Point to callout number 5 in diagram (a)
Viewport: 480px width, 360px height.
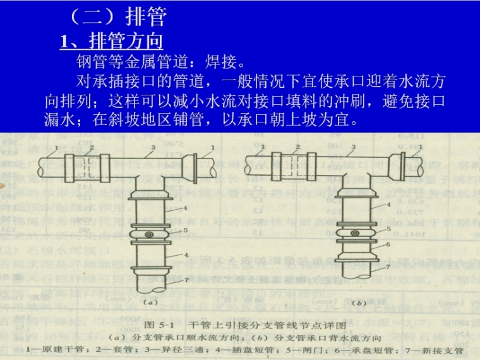pyautogui.click(x=185, y=231)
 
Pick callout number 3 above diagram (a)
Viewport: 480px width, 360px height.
pyautogui.click(x=153, y=148)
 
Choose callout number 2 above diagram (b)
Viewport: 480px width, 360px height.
pyautogui.click(x=300, y=147)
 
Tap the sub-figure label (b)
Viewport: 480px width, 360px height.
pyautogui.click(x=358, y=303)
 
